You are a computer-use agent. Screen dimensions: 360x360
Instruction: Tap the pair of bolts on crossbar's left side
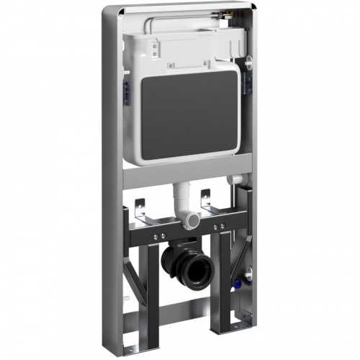158,234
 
